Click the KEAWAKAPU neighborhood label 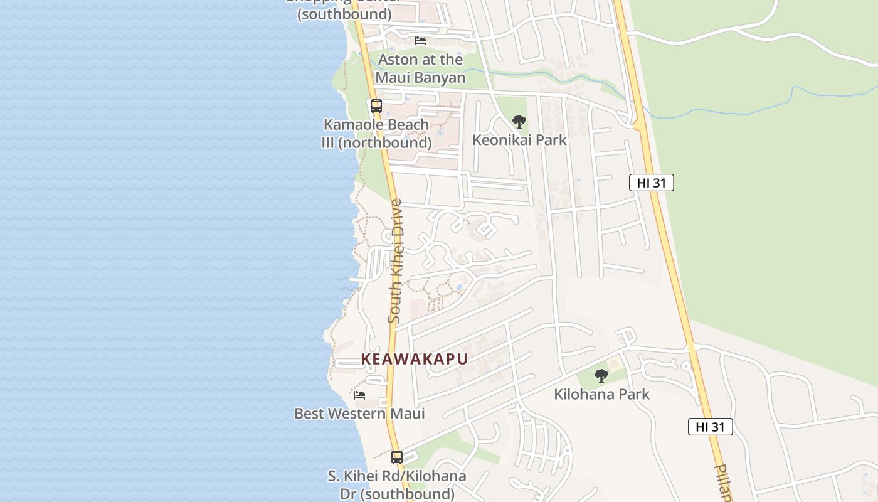coord(415,359)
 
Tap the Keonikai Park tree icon coord(519,122)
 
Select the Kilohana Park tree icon coord(601,376)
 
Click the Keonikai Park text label coord(519,140)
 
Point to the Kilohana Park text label coord(601,394)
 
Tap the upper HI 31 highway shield coord(652,183)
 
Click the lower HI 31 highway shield coord(711,427)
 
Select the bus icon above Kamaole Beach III coord(376,106)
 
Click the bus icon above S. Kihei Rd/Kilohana coord(397,457)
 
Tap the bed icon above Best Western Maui coord(359,395)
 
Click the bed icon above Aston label coord(420,41)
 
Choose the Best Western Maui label coord(359,414)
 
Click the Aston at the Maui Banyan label coord(420,68)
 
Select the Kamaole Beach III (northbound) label coord(376,134)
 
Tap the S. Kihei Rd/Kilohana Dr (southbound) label coord(397,484)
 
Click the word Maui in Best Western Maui coord(406,414)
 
